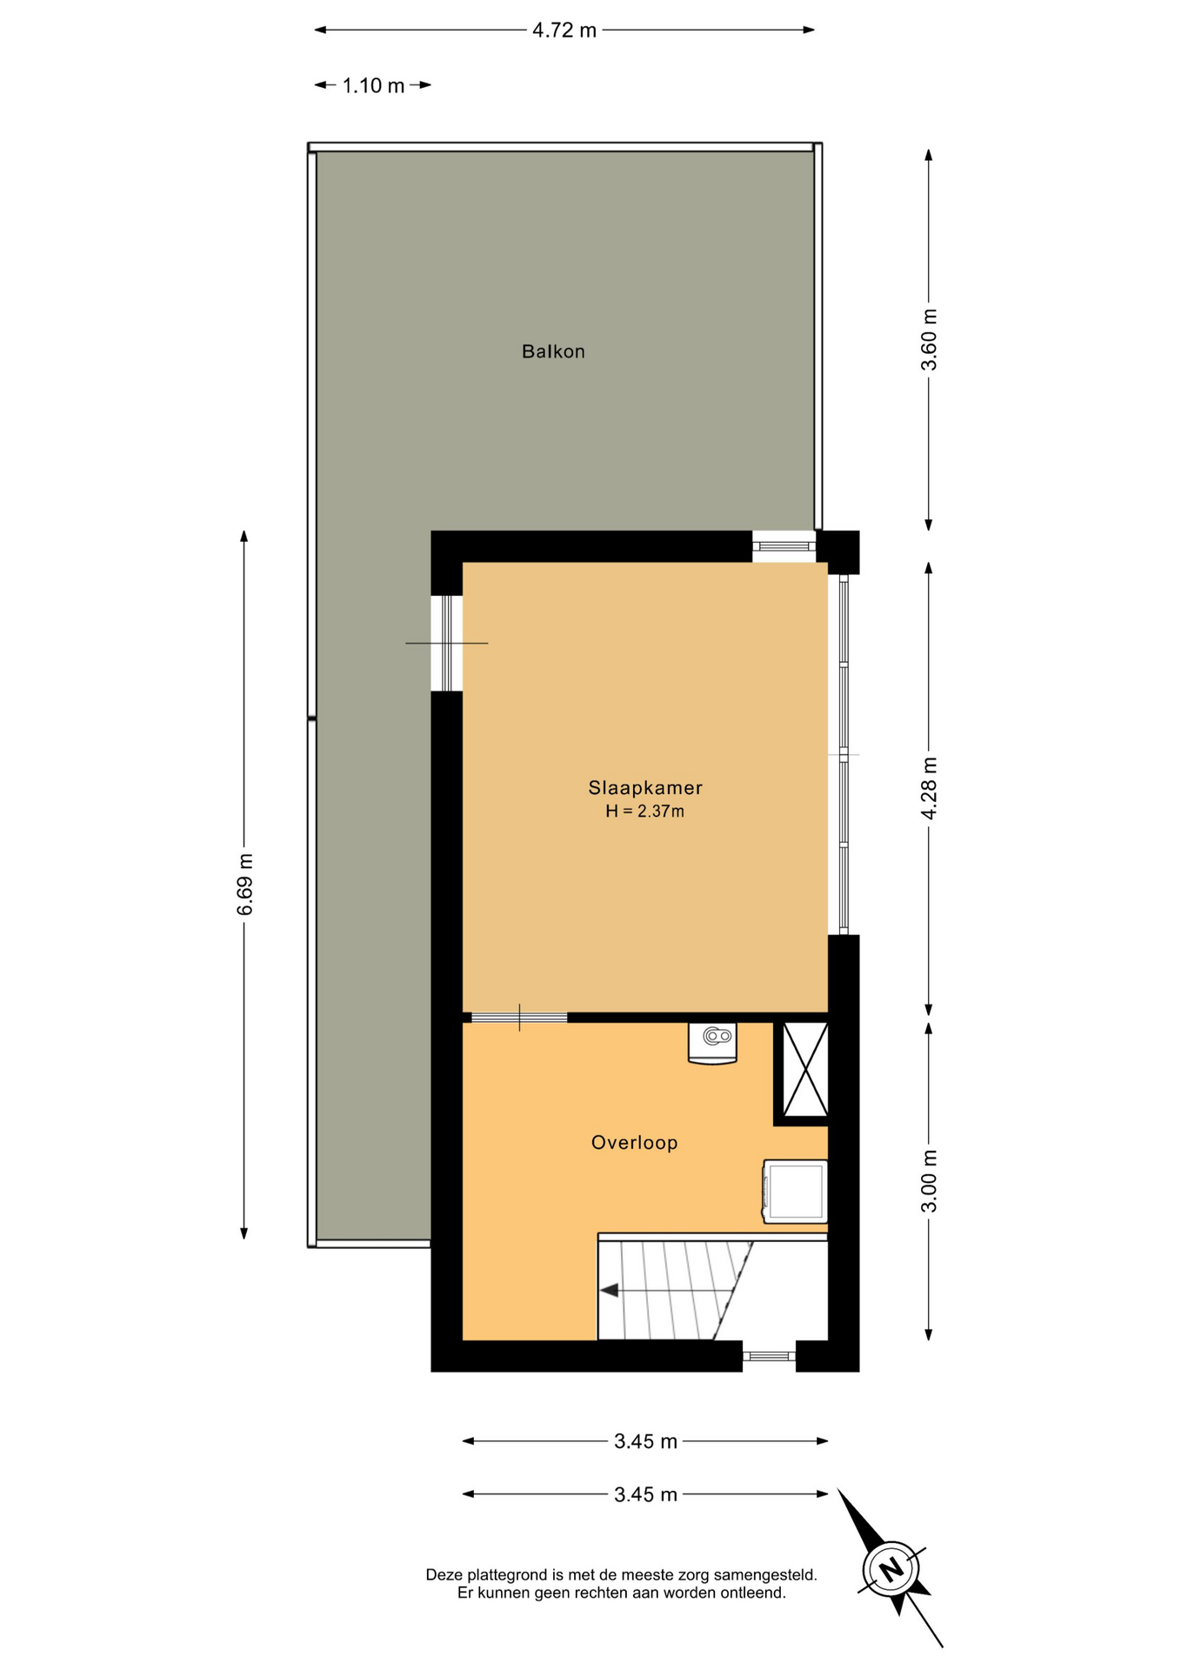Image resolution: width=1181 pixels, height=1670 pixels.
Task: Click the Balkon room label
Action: coord(553,351)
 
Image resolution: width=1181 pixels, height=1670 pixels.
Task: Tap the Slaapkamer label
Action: coord(645,788)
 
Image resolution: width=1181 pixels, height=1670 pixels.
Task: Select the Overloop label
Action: coord(634,1143)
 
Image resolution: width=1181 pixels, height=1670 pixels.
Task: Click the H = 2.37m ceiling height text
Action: coord(645,812)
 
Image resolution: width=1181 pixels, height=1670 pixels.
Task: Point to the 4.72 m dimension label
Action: coord(564,30)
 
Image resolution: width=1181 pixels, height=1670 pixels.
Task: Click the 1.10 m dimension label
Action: coord(373,86)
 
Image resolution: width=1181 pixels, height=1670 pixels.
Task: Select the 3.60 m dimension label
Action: coord(930,339)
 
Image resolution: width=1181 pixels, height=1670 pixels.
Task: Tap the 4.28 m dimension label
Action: coord(930,788)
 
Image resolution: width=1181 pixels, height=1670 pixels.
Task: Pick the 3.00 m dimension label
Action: coord(930,1181)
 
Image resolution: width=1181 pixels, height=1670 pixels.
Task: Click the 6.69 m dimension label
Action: coord(245,884)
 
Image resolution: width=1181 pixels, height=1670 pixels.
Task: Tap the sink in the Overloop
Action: coord(712,1042)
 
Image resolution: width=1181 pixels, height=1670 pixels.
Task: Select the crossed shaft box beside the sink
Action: coord(805,1070)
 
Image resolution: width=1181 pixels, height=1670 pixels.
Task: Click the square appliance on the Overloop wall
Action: coord(795,1192)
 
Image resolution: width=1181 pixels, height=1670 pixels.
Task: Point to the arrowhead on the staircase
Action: coord(609,1291)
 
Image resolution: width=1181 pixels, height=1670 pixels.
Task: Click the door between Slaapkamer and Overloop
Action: coord(519,1018)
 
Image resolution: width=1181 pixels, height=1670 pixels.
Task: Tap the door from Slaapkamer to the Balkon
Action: coord(447,643)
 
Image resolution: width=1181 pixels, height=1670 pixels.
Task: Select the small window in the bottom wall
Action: coord(769,1356)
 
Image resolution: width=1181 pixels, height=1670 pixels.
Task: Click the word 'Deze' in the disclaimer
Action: coord(444,1575)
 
